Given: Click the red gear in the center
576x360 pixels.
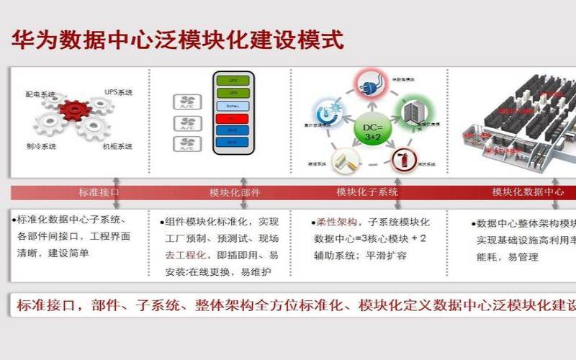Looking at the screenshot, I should coord(74,110).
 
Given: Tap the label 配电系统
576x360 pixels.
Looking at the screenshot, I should coord(40,94).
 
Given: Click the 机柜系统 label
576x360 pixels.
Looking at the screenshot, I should coord(117,146).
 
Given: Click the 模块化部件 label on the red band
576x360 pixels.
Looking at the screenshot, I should coord(235,192).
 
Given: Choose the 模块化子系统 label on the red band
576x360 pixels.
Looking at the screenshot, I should coord(367,192).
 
